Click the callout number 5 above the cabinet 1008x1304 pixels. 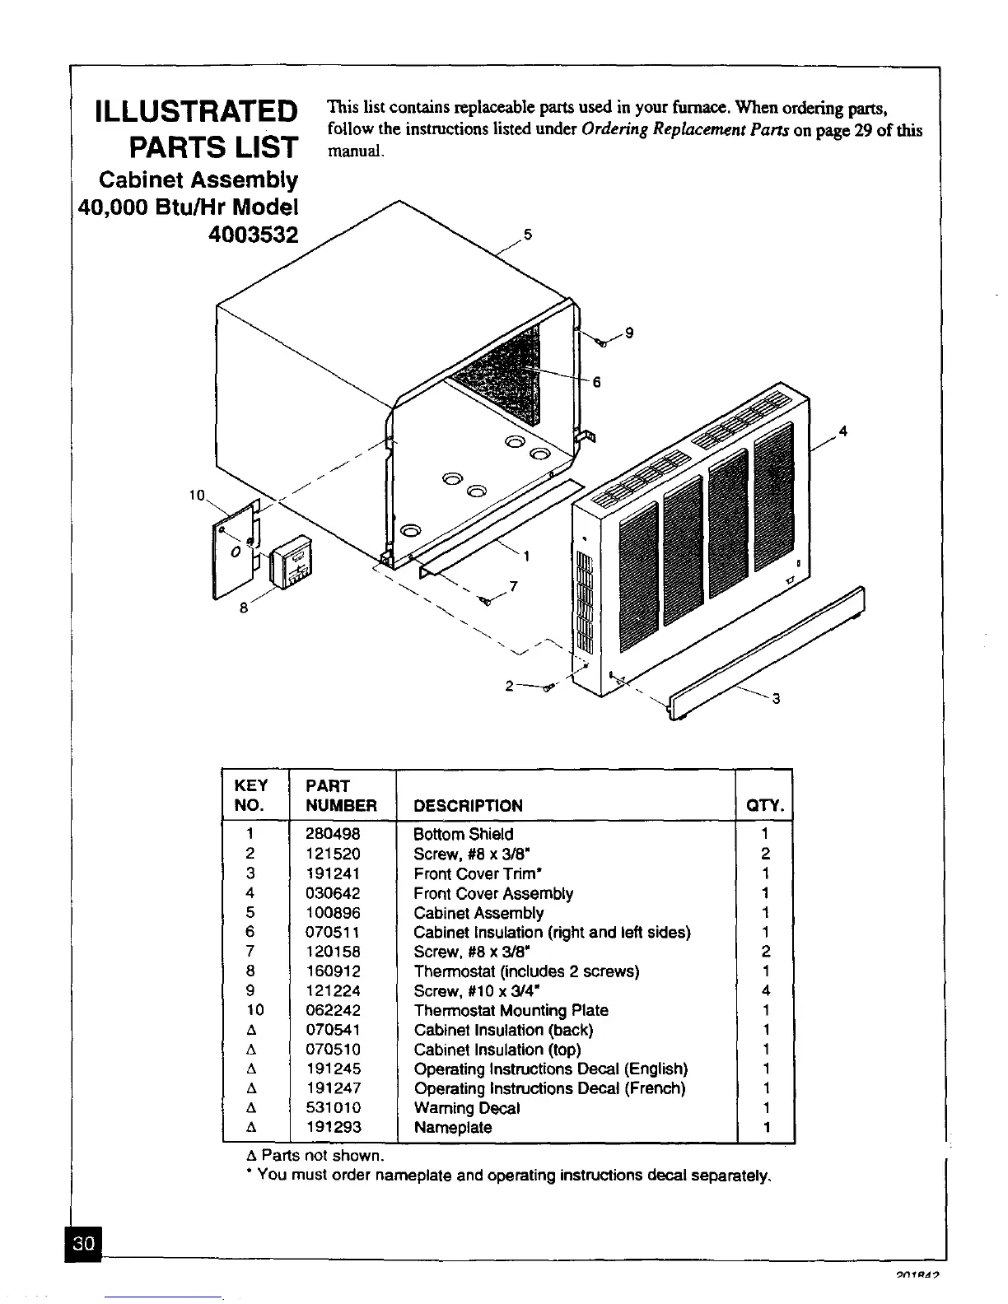coord(529,234)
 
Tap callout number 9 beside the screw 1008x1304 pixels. coord(629,333)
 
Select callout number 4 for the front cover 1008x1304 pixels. coord(842,431)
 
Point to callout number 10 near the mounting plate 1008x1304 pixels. coord(197,496)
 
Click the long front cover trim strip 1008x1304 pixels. coord(766,650)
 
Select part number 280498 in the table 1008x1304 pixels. coord(333,834)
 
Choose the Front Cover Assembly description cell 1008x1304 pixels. coord(492,893)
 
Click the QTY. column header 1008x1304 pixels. coord(765,805)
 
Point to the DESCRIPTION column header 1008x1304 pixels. coord(468,805)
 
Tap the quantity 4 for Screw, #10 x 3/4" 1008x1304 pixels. coord(765,991)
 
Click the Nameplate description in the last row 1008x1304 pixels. coord(453,1128)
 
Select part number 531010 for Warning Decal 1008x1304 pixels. coord(333,1108)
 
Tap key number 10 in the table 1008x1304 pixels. coord(250,1010)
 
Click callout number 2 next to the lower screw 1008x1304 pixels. coord(510,685)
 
